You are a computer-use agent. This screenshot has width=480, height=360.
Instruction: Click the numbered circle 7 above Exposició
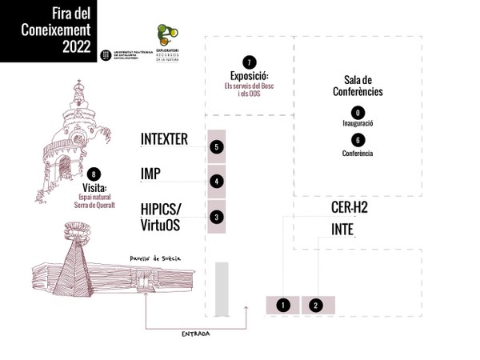[250, 62]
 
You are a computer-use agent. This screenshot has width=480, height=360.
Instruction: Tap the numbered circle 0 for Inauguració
[358, 112]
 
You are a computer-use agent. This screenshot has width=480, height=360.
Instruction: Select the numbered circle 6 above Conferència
[358, 139]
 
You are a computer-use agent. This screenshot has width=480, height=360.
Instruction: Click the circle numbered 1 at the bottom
[282, 305]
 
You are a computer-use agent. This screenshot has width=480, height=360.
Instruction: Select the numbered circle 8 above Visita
[96, 174]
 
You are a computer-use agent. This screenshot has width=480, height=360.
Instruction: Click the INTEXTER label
[164, 139]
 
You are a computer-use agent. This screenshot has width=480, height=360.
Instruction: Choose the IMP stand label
[151, 174]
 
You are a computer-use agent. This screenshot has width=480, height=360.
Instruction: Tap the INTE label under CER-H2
[342, 230]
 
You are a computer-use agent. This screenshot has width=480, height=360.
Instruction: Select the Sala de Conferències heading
[358, 86]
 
